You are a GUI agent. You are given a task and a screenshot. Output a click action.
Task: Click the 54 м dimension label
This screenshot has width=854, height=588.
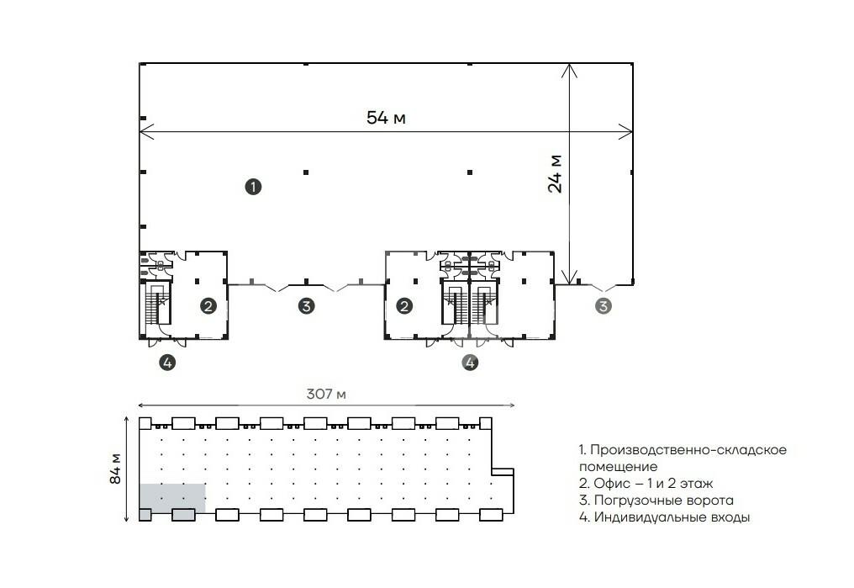tap(386, 118)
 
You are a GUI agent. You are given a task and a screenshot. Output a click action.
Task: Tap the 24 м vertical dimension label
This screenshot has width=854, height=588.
tap(556, 174)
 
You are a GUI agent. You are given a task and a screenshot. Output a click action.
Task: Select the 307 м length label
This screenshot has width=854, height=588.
tap(325, 395)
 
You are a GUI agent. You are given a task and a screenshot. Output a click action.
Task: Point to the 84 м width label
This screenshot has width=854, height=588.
tap(116, 469)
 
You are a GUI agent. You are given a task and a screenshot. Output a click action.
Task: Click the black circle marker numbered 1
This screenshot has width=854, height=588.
tap(252, 187)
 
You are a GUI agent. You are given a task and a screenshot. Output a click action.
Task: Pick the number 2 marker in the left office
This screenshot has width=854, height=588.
tap(208, 306)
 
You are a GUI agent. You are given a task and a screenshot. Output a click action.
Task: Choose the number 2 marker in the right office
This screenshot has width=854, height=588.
tap(404, 306)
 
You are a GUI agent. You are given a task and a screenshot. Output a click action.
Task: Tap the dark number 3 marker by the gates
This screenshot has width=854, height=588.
tap(306, 306)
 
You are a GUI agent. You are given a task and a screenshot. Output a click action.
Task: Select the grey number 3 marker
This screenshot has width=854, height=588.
tap(603, 306)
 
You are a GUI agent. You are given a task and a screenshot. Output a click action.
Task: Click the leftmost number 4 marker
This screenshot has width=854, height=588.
tap(168, 363)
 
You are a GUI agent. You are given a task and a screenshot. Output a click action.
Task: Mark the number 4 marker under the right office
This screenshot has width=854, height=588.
tap(470, 363)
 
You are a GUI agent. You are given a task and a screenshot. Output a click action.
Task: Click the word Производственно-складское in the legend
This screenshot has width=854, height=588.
tap(690, 450)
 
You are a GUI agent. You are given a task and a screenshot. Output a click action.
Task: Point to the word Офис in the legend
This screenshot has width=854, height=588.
tap(609, 484)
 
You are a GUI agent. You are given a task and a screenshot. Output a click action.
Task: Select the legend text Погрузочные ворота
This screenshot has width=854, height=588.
tap(663, 501)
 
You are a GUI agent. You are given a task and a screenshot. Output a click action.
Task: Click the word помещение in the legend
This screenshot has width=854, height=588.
tap(618, 466)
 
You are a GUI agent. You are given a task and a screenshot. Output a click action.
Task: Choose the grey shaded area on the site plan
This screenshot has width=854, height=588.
tap(172, 496)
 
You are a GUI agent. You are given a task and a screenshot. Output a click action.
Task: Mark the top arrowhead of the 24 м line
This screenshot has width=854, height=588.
tap(571, 66)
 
